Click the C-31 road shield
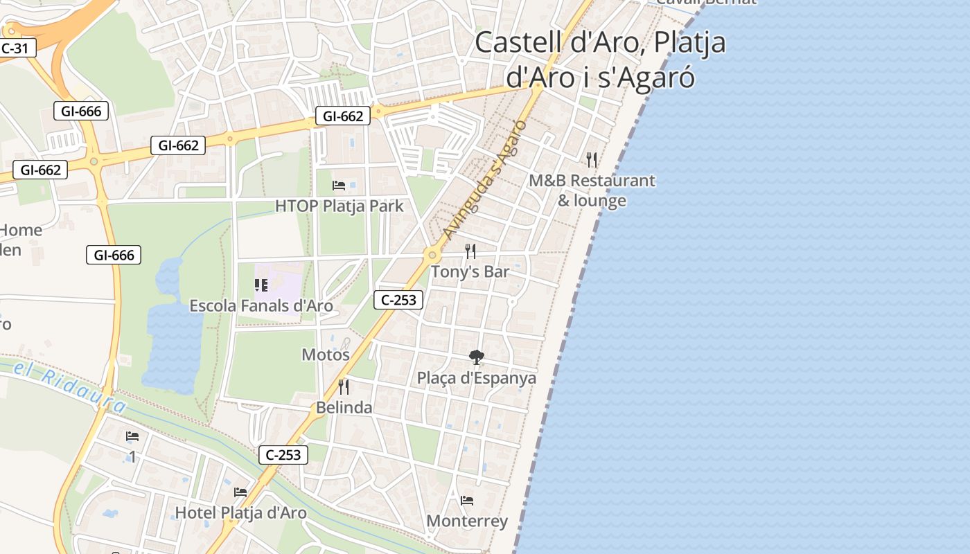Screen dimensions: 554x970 pos(15,48)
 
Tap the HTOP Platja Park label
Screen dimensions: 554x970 pos(339,206)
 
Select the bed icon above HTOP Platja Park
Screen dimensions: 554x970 pos(339,185)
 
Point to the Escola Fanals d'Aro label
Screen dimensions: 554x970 pos(261,305)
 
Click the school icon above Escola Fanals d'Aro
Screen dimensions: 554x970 pos(261,285)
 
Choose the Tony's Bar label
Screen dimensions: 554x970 pos(470,271)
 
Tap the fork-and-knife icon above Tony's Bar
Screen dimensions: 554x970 pos(470,251)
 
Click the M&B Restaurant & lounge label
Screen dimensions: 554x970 pos(592,190)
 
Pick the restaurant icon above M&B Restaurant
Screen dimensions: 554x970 pos(592,160)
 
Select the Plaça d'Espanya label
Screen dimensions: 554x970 pos(476,378)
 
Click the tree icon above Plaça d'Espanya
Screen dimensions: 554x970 pos(476,357)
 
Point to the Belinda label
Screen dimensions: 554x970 pos(344,407)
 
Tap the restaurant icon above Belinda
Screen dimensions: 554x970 pos(344,386)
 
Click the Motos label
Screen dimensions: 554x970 pos(326,355)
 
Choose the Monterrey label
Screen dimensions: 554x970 pos(467,521)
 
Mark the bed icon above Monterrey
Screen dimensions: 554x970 pos(467,500)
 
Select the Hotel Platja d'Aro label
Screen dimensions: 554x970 pos(240,512)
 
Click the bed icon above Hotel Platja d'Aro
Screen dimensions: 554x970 pos(240,492)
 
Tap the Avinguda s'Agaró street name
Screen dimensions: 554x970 pos(486,179)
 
